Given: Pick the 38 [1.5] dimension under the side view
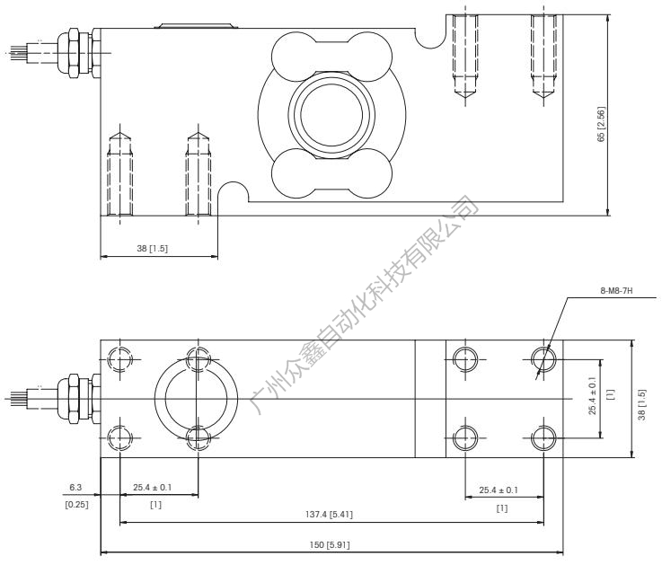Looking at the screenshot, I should [x=157, y=249].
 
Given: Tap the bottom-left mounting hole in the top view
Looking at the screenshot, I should [x=119, y=437].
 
